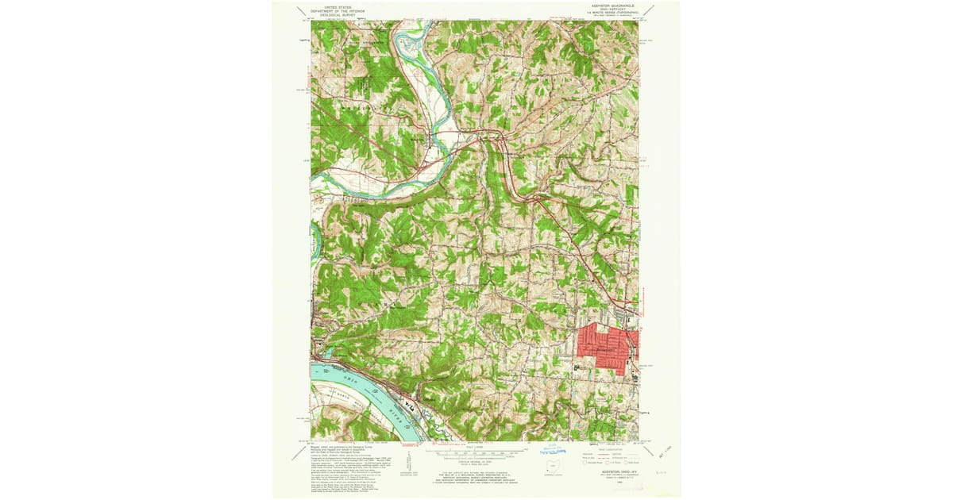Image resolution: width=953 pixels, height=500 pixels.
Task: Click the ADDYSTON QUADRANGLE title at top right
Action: (x=613, y=5)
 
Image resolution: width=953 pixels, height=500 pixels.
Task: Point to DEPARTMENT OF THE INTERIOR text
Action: (x=335, y=10)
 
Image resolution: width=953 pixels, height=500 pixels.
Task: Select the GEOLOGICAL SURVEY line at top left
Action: (x=335, y=13)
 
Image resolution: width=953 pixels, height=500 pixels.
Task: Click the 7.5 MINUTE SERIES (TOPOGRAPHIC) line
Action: (x=613, y=13)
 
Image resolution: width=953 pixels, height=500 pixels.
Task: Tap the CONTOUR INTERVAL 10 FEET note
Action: (x=474, y=461)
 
